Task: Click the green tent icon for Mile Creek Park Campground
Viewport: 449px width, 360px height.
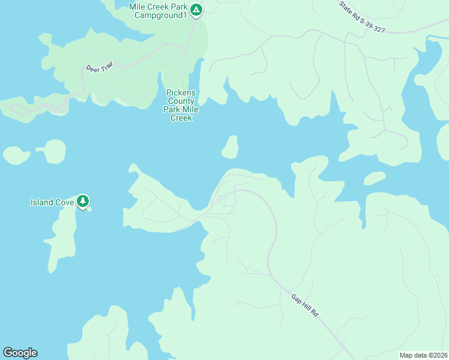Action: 196,10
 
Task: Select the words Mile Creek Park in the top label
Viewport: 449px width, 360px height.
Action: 158,7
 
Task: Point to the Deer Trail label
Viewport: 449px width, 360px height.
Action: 99,68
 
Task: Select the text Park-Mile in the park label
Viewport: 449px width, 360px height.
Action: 181,110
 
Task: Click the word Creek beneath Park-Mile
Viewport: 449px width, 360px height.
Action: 181,118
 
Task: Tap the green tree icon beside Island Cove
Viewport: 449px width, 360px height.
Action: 83,201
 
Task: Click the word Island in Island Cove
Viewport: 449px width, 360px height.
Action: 43,202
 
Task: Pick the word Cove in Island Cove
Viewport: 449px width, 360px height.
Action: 65,202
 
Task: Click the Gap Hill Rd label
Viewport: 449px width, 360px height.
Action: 305,306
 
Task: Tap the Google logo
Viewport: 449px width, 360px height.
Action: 20,352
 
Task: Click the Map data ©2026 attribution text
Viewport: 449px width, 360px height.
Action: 423,355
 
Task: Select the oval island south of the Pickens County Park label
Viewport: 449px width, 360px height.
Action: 230,147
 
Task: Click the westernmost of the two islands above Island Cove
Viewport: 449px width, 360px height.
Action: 16,155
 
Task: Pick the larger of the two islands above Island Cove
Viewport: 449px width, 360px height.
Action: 54,152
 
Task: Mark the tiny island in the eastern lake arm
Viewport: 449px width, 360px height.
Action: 374,178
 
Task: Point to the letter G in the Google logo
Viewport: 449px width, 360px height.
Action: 7,352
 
